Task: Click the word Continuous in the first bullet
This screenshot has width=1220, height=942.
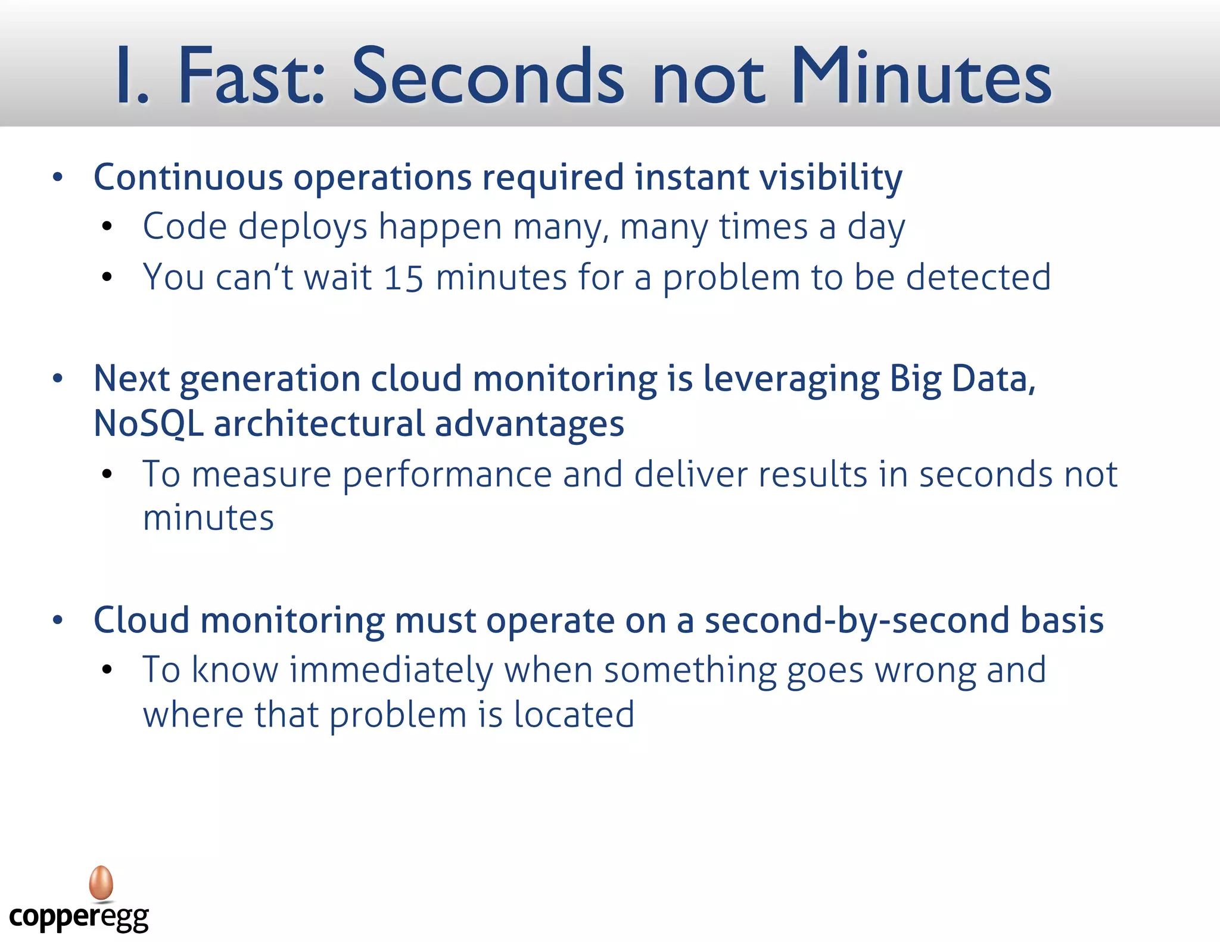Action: point(188,177)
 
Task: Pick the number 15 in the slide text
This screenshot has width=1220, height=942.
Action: point(403,278)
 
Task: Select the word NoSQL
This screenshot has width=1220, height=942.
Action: point(148,424)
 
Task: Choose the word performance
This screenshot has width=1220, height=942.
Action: point(447,475)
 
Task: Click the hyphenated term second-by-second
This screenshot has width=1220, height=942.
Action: point(857,620)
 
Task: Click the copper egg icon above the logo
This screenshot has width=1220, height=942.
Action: point(101,883)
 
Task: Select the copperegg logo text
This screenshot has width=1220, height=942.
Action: point(79,918)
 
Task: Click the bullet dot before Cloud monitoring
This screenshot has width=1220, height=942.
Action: point(58,620)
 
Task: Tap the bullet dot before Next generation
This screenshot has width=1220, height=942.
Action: point(58,379)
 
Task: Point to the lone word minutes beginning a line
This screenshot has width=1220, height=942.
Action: point(208,518)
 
